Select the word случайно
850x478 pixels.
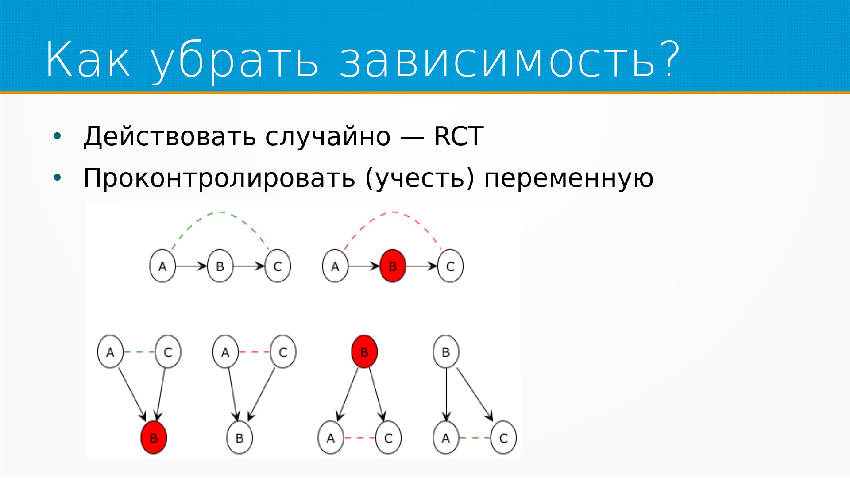click(x=328, y=137)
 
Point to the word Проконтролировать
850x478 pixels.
click(x=219, y=178)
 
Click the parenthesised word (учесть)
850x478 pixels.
click(x=420, y=178)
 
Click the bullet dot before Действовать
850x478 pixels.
click(x=57, y=136)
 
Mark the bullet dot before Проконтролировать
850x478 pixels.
click(x=57, y=178)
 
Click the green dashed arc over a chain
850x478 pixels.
click(x=220, y=212)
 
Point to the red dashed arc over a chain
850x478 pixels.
click(x=393, y=212)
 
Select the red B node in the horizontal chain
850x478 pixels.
click(x=393, y=266)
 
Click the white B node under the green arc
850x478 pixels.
click(x=220, y=266)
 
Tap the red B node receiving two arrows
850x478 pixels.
click(x=154, y=438)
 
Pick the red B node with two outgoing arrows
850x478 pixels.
click(x=364, y=352)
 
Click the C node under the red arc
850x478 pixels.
click(x=450, y=266)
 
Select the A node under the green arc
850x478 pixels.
click(x=162, y=266)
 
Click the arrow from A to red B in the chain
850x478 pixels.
click(x=364, y=266)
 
